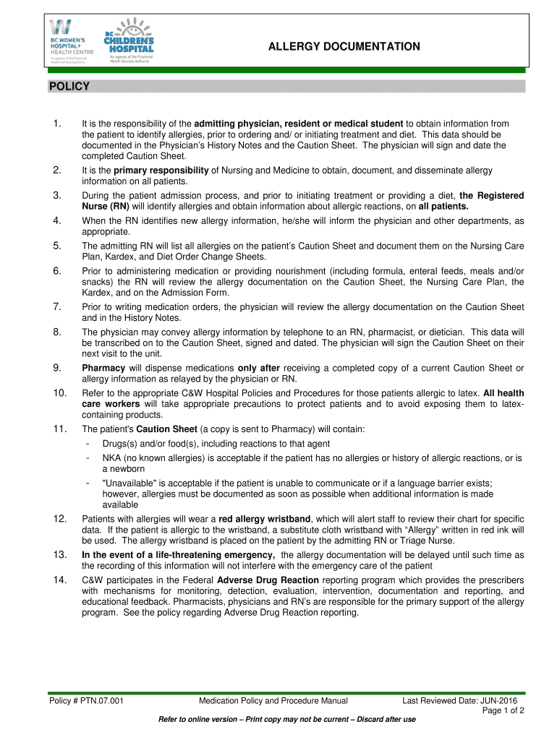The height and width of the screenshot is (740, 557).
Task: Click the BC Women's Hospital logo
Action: [69, 41]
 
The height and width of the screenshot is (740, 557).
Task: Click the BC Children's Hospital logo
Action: [131, 42]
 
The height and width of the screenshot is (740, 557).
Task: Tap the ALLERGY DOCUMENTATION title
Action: [344, 47]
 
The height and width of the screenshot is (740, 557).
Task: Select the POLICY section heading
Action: [69, 87]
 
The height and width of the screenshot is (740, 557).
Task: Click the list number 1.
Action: [57, 124]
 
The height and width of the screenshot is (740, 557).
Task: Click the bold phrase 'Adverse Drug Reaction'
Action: [268, 580]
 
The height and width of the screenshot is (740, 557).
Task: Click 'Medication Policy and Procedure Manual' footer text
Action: [273, 701]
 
